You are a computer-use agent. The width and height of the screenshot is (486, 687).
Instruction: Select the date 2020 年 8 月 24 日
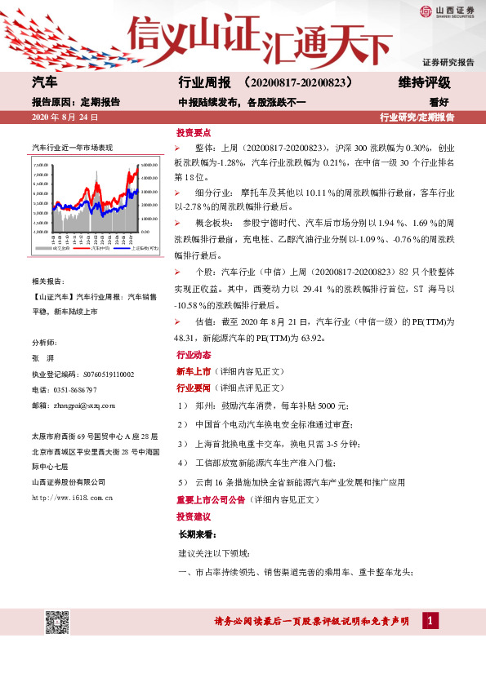pos(65,117)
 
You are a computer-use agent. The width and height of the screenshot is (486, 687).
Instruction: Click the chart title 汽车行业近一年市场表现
pos(72,148)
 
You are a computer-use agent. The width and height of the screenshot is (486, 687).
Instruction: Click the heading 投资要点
pos(192,131)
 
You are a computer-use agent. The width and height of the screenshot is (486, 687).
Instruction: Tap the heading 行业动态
pos(192,356)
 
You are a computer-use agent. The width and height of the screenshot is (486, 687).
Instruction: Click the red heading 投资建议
pos(192,516)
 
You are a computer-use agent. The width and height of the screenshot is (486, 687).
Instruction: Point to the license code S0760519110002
pos(110,374)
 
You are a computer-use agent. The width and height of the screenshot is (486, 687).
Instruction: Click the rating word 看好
pos(440,102)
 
